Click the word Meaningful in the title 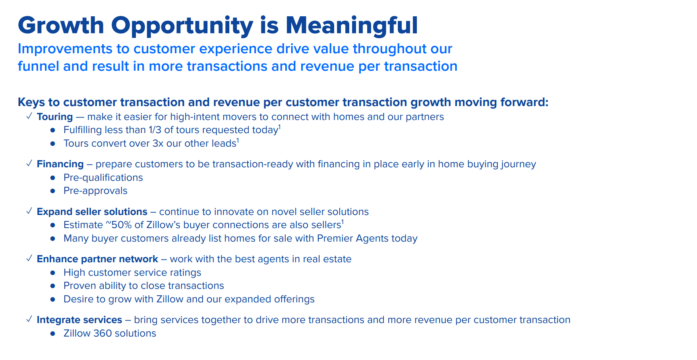pos(352,26)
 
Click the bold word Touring pos(55,117)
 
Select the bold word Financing pos(60,164)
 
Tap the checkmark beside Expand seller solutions pos(29,211)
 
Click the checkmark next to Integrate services pos(29,319)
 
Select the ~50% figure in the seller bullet pos(118,225)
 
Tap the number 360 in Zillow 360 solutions pos(102,333)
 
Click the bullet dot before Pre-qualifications pos(53,178)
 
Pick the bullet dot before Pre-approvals pos(53,191)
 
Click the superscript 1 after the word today pos(279,127)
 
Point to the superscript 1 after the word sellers pos(343,222)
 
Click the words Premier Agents pos(347,238)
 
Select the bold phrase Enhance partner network pos(97,259)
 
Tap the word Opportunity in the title pos(182,26)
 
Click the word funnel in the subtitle pos(39,66)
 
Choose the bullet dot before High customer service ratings pos(53,273)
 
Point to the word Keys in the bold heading pos(31,103)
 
